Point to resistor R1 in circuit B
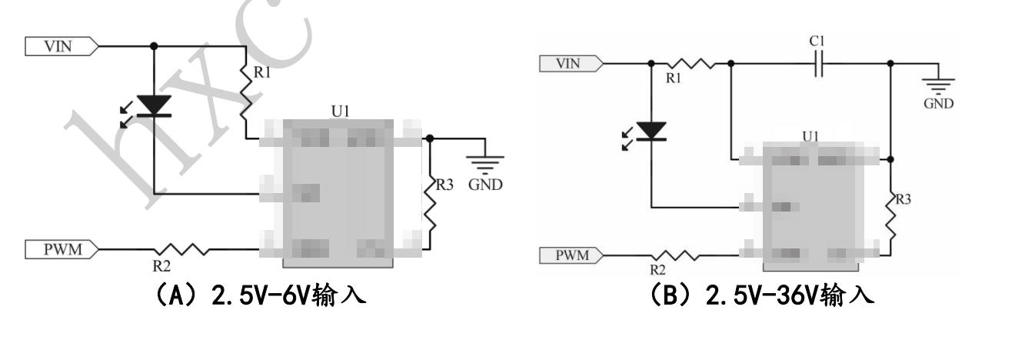pyautogui.click(x=690, y=64)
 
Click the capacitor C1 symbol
pyautogui.click(x=820, y=64)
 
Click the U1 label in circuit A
pyautogui.click(x=341, y=112)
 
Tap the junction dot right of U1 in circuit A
pyautogui.click(x=430, y=139)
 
